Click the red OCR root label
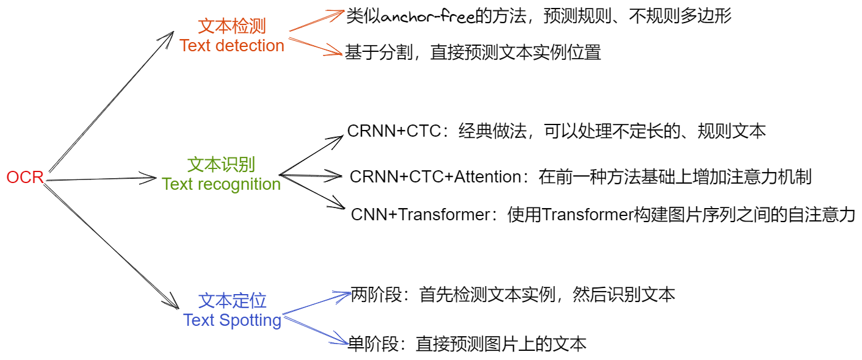[x=25, y=178]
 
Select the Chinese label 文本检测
[x=232, y=26]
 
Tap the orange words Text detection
[x=232, y=46]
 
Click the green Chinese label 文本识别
[x=221, y=164]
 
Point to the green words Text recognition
[x=221, y=184]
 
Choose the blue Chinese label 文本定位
[x=232, y=300]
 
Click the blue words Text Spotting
[x=232, y=320]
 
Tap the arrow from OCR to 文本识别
[x=101, y=179]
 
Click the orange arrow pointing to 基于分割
[x=316, y=47]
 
